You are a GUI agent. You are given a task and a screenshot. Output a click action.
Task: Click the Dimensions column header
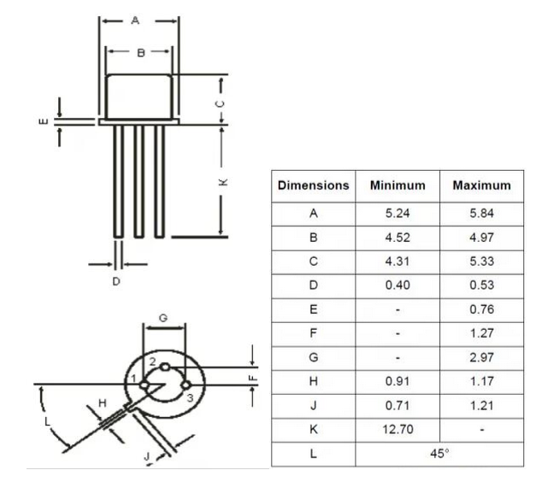tap(314, 185)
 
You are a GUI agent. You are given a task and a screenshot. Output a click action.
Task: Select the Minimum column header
tap(397, 185)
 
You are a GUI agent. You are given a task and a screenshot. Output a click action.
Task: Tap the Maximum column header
tap(481, 185)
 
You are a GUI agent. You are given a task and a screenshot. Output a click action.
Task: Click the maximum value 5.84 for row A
tap(481, 214)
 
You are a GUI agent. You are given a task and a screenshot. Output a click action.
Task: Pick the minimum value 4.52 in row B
tap(397, 238)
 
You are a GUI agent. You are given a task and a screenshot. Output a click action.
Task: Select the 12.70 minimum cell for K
tap(397, 430)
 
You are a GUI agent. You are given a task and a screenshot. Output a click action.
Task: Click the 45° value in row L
tap(439, 454)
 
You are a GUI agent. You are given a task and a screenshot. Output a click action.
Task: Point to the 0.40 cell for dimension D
tap(397, 285)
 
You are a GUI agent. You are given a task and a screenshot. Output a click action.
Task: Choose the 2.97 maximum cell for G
tap(481, 358)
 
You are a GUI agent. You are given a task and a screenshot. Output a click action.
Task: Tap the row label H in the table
tap(314, 382)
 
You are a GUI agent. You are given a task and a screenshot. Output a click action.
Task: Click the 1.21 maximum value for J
tap(481, 406)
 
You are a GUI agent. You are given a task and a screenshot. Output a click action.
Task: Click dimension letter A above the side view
tap(135, 21)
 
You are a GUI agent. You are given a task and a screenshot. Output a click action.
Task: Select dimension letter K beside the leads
tap(221, 181)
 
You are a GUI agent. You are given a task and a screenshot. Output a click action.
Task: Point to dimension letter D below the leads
tap(116, 280)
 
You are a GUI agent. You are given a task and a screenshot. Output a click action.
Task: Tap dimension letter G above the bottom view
tap(163, 318)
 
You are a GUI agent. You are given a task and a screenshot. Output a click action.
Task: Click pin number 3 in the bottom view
tap(190, 397)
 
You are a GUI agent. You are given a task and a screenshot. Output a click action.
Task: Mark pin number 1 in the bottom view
tap(134, 379)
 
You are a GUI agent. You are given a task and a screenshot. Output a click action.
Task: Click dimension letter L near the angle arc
tap(47, 421)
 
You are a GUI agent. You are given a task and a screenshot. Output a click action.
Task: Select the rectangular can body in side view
tap(138, 96)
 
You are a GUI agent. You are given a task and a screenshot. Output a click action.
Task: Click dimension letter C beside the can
tap(221, 102)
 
